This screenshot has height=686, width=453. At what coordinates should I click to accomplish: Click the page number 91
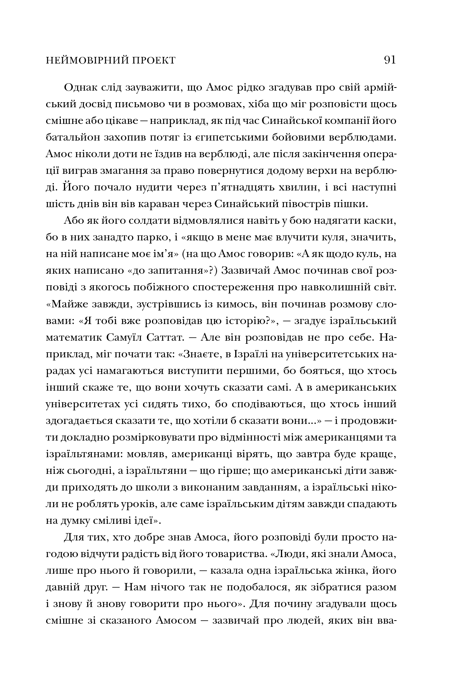[389, 60]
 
